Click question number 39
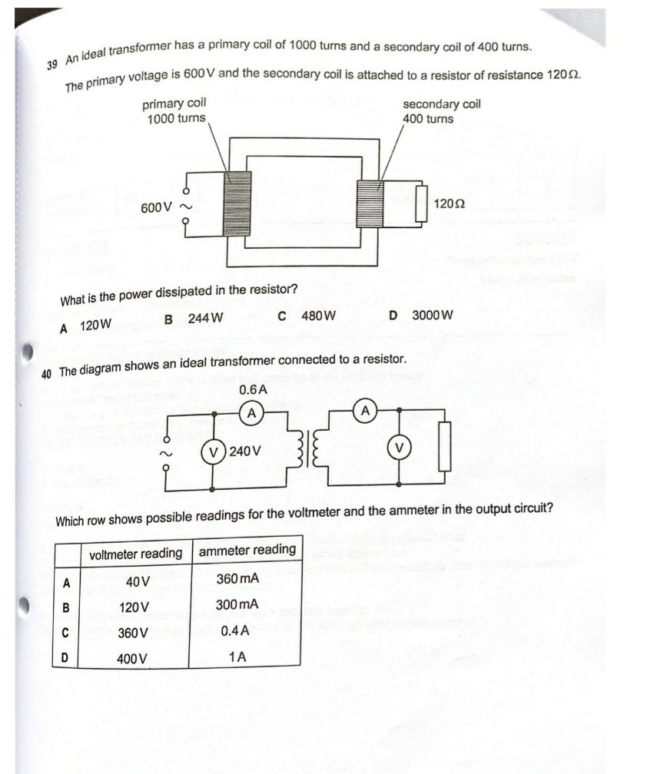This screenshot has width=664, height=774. point(51,65)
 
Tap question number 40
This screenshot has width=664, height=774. point(47,373)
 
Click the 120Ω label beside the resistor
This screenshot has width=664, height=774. point(450,204)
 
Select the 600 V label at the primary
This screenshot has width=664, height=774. point(157,208)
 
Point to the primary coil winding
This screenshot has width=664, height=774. point(237,203)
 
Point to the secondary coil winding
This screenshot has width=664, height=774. point(369,203)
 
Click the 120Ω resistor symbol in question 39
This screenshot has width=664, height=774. point(421,203)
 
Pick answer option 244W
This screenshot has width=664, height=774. point(195,319)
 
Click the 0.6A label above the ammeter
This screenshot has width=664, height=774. point(253,390)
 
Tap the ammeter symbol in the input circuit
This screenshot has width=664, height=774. point(251,414)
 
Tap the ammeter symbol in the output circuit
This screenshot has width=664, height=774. point(366,412)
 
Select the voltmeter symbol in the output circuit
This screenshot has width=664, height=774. point(399,447)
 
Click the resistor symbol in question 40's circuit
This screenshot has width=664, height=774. point(445,448)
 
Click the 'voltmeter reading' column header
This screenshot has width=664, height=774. point(135,554)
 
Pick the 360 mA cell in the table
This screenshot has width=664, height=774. point(237,578)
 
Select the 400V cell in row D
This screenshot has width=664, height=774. point(132,659)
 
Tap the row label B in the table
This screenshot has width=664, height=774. point(65,607)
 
